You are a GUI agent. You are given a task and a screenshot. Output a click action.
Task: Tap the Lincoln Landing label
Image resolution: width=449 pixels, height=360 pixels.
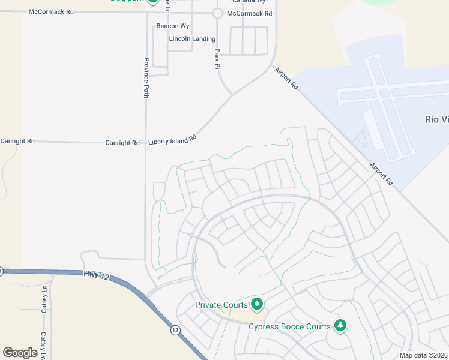[x=192, y=39]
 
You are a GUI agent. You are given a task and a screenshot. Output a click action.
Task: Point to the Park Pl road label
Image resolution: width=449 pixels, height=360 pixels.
[x=218, y=59]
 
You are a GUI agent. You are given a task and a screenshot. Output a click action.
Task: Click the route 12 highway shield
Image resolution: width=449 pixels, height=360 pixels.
[x=175, y=330]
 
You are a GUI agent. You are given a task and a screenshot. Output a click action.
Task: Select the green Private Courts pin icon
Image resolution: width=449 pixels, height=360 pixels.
[x=257, y=305]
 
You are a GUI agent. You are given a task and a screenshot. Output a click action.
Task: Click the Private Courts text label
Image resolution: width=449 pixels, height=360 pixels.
[x=221, y=305]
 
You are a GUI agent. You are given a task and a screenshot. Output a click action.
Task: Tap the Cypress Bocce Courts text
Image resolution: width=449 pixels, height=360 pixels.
[x=289, y=326]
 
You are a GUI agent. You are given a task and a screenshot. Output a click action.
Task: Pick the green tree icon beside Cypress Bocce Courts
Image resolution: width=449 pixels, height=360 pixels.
[x=340, y=326]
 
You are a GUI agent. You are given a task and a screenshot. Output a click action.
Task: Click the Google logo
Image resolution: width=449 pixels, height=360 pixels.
[x=20, y=353]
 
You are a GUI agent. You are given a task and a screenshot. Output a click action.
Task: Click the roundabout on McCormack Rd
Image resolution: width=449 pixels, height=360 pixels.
[x=217, y=13]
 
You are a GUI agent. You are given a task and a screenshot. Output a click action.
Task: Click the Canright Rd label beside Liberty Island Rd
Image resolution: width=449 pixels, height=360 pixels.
[x=122, y=143]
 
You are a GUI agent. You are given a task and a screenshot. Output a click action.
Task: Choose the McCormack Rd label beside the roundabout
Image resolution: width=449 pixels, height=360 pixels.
[x=249, y=13]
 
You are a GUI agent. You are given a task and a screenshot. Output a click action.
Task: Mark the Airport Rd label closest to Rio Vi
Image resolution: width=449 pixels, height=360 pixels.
[x=381, y=173]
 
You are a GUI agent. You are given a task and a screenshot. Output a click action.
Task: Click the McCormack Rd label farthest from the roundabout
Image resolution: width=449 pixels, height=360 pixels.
[x=51, y=11]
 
